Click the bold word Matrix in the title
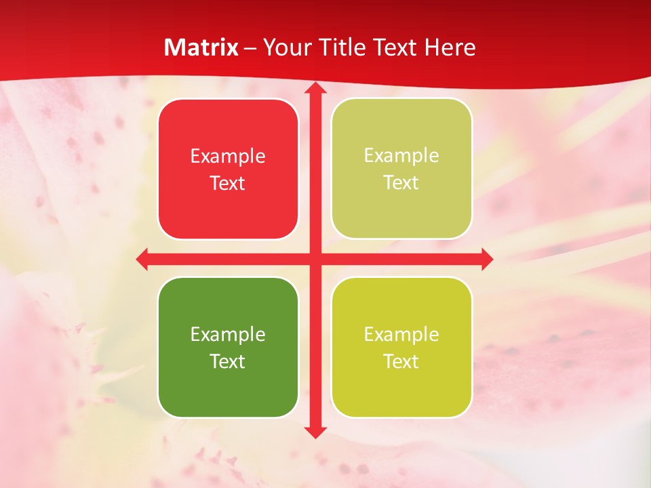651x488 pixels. pos(201,47)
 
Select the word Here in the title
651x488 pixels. pos(450,47)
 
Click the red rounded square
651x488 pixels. pos(228,169)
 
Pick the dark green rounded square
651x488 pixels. pos(228,347)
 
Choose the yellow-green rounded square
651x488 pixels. pos(401,347)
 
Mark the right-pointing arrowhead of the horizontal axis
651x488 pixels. pos(487,259)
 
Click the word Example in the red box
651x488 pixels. pos(228,157)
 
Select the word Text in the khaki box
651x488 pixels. pos(401,182)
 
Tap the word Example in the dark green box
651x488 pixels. pos(228,334)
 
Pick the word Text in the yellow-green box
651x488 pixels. pos(401,361)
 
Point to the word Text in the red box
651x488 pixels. pos(228,183)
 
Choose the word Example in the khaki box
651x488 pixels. pos(401,156)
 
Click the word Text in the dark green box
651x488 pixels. pos(228,361)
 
